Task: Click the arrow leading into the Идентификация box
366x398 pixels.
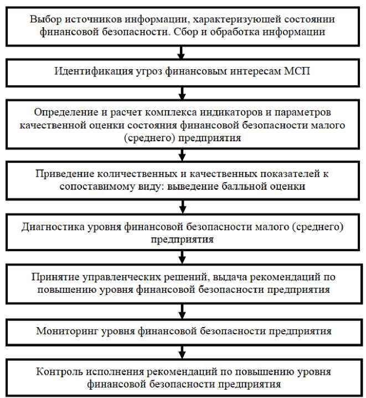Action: (x=181, y=53)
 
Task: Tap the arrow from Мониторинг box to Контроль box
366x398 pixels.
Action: (x=181, y=352)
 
